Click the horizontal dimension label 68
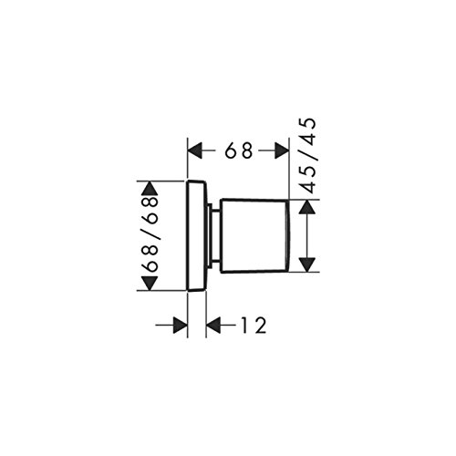click(239, 150)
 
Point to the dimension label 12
click(254, 326)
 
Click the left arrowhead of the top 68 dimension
click(195, 150)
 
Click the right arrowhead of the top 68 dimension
click(282, 150)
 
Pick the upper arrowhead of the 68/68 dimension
click(150, 188)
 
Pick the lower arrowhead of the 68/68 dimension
click(150, 284)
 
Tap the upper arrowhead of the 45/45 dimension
click(307, 207)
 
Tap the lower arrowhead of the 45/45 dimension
click(307, 264)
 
